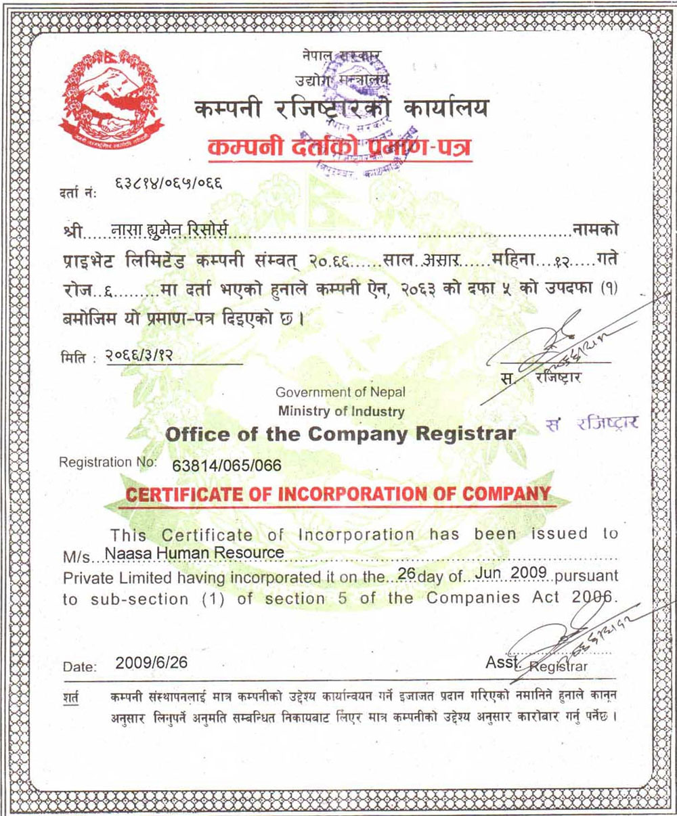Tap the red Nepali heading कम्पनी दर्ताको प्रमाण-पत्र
pos(340,148)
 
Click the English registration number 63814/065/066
pos(227,466)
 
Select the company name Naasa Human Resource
pos(194,553)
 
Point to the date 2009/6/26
pos(151,662)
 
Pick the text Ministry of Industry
pos(341,411)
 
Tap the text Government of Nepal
pos(341,392)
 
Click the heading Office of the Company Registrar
pos(341,434)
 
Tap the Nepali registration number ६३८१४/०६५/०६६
pos(169,183)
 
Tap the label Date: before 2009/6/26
pos(80,666)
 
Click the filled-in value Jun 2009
pos(515,574)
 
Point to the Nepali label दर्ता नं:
pos(79,193)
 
